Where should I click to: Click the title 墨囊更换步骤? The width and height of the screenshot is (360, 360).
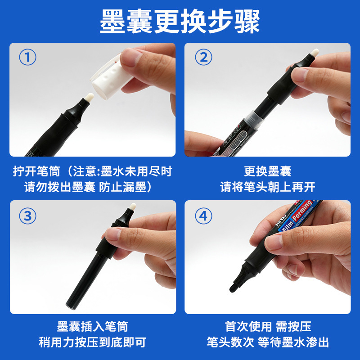pyautogui.click(x=180, y=22)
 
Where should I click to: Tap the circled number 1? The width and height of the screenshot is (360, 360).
pyautogui.click(x=27, y=57)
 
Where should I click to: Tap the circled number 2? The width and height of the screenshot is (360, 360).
pyautogui.click(x=203, y=57)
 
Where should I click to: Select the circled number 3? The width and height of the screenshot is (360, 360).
pyautogui.click(x=27, y=216)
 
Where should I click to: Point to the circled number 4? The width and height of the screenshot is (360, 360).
pyautogui.click(x=203, y=216)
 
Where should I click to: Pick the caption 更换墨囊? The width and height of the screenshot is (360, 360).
pyautogui.click(x=268, y=171)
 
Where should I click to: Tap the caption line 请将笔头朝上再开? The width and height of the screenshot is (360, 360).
pyautogui.click(x=268, y=187)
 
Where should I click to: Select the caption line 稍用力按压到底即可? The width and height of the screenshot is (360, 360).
pyautogui.click(x=93, y=342)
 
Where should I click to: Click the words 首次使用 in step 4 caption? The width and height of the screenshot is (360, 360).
pyautogui.click(x=248, y=326)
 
